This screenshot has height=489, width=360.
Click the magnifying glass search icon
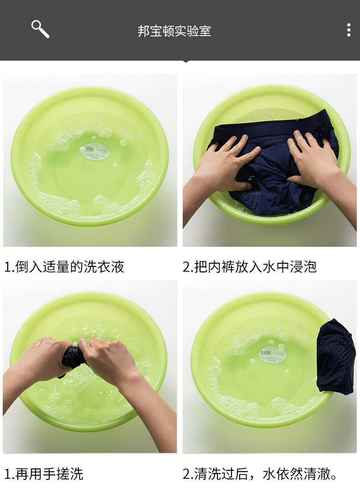(x=40, y=29)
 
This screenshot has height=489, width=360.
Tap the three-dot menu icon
(x=349, y=30)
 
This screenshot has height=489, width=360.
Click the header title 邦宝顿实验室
(x=175, y=31)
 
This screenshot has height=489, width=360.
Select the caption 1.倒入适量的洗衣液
(x=64, y=267)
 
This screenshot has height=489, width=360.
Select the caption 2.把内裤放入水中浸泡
(x=250, y=267)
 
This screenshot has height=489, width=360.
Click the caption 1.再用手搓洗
(x=44, y=474)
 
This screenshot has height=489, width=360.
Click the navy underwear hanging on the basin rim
(x=336, y=357)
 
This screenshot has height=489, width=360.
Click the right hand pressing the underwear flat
(x=314, y=160)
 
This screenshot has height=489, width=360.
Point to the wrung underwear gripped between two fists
(x=73, y=358)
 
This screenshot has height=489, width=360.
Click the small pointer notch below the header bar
(x=185, y=61)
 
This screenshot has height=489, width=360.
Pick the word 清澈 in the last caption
(x=317, y=474)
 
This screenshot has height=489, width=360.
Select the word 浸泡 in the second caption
(x=303, y=267)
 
